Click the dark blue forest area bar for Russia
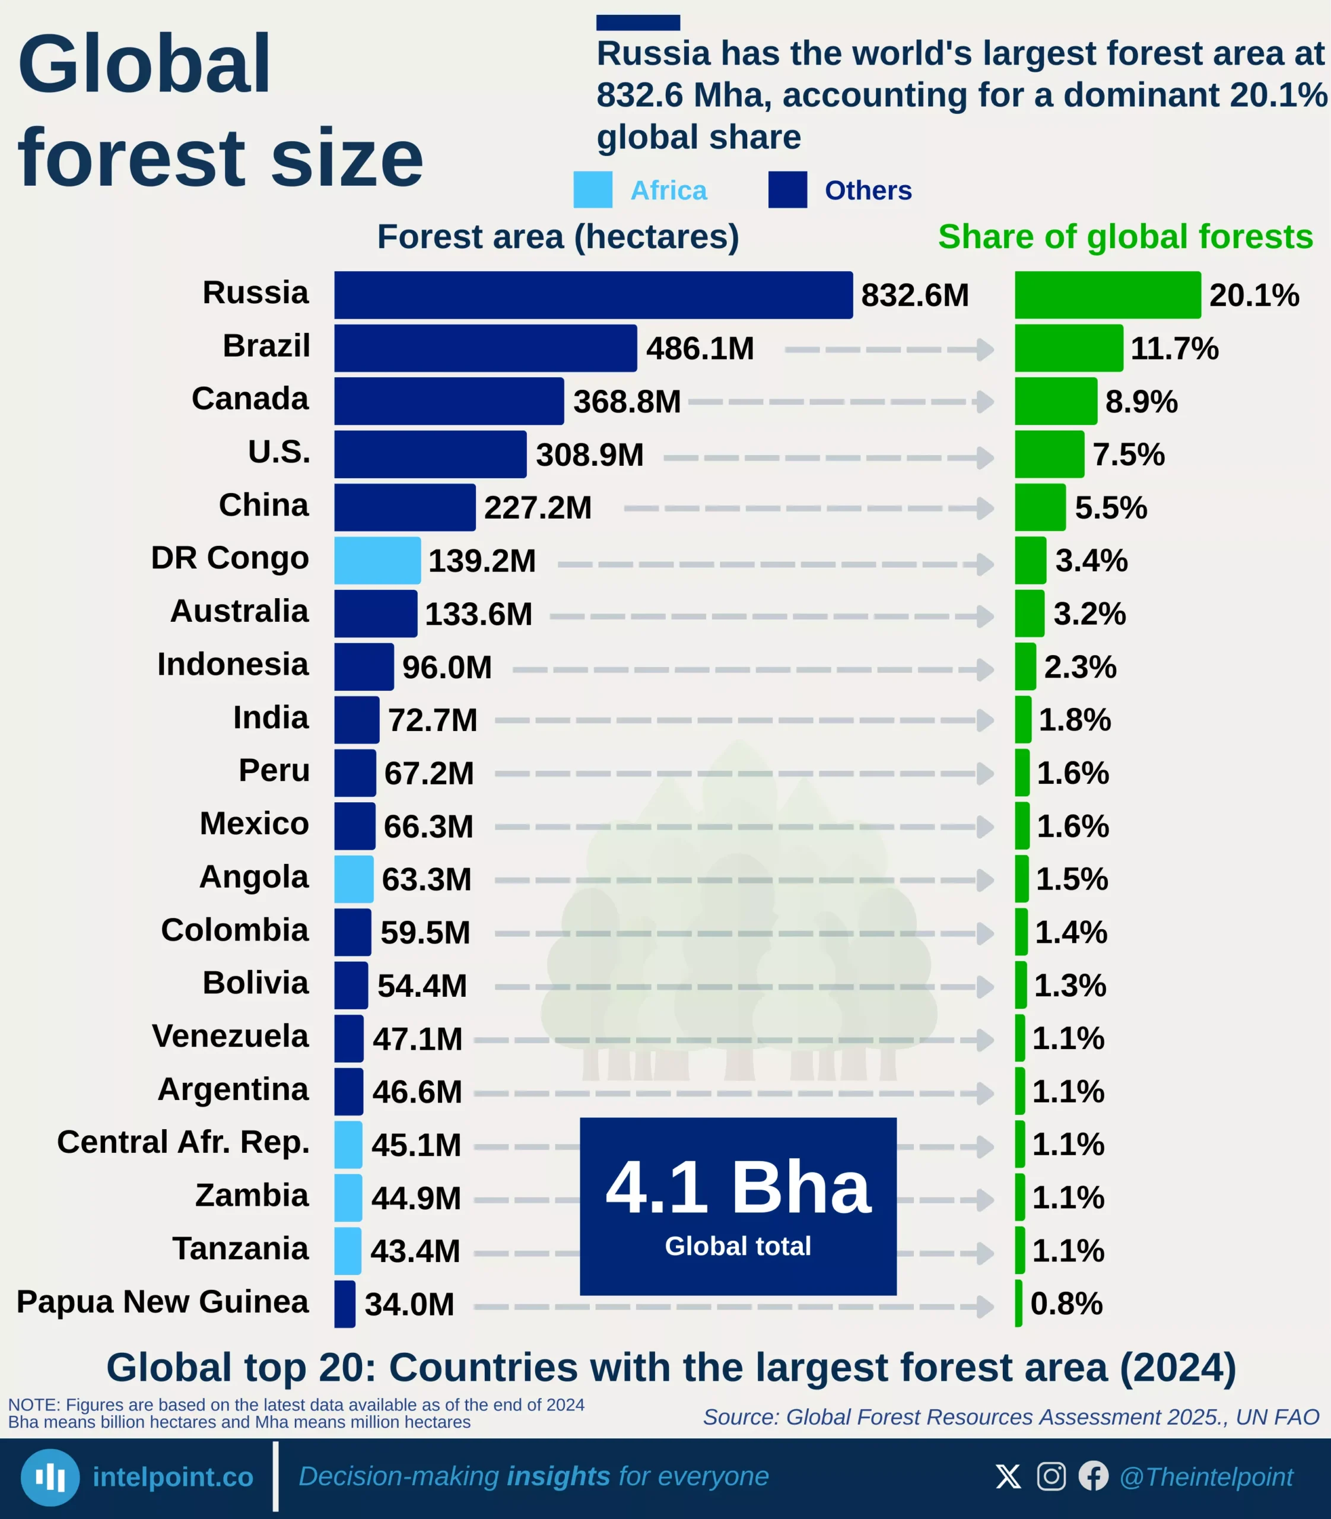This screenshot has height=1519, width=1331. coord(593,295)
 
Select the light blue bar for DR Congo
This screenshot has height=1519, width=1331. coord(377,560)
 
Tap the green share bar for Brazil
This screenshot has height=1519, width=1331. coord(1068,348)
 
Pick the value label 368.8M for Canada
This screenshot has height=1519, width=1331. coord(627,402)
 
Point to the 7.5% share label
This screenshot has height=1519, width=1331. coord(1128,455)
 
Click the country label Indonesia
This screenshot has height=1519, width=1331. coord(233,664)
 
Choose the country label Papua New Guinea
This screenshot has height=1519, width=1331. coord(163,1301)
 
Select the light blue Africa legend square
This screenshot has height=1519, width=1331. coord(593,189)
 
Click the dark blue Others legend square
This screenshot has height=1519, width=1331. coord(787,189)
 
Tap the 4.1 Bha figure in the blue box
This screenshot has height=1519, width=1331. coord(738,1187)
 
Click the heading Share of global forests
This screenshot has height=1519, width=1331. coord(1124,237)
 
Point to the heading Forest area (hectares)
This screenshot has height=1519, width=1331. coord(558,237)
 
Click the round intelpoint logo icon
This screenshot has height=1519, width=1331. coord(50,1477)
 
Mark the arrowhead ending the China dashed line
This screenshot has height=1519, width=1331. coord(986,509)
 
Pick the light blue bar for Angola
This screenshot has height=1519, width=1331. coord(354,879)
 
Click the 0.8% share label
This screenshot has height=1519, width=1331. coord(1066,1304)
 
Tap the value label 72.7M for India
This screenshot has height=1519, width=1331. coord(432,720)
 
